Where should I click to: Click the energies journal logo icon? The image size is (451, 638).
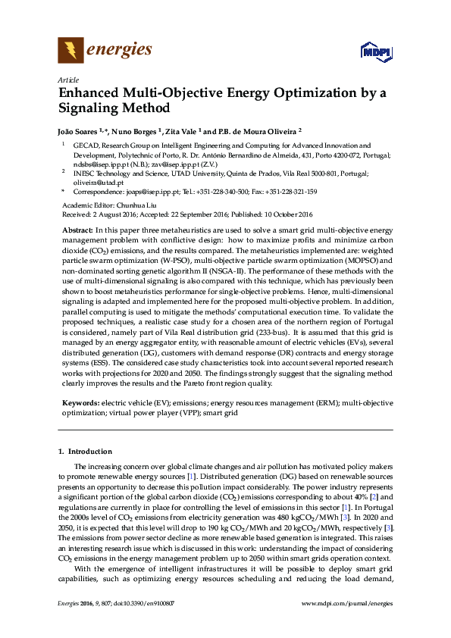pos(70,51)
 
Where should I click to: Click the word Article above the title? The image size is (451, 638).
pos(67,80)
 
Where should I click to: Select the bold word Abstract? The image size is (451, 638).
pos(77,230)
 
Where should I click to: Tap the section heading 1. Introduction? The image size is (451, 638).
pos(85,451)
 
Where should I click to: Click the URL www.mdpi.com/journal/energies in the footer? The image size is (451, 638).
pos(347,624)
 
